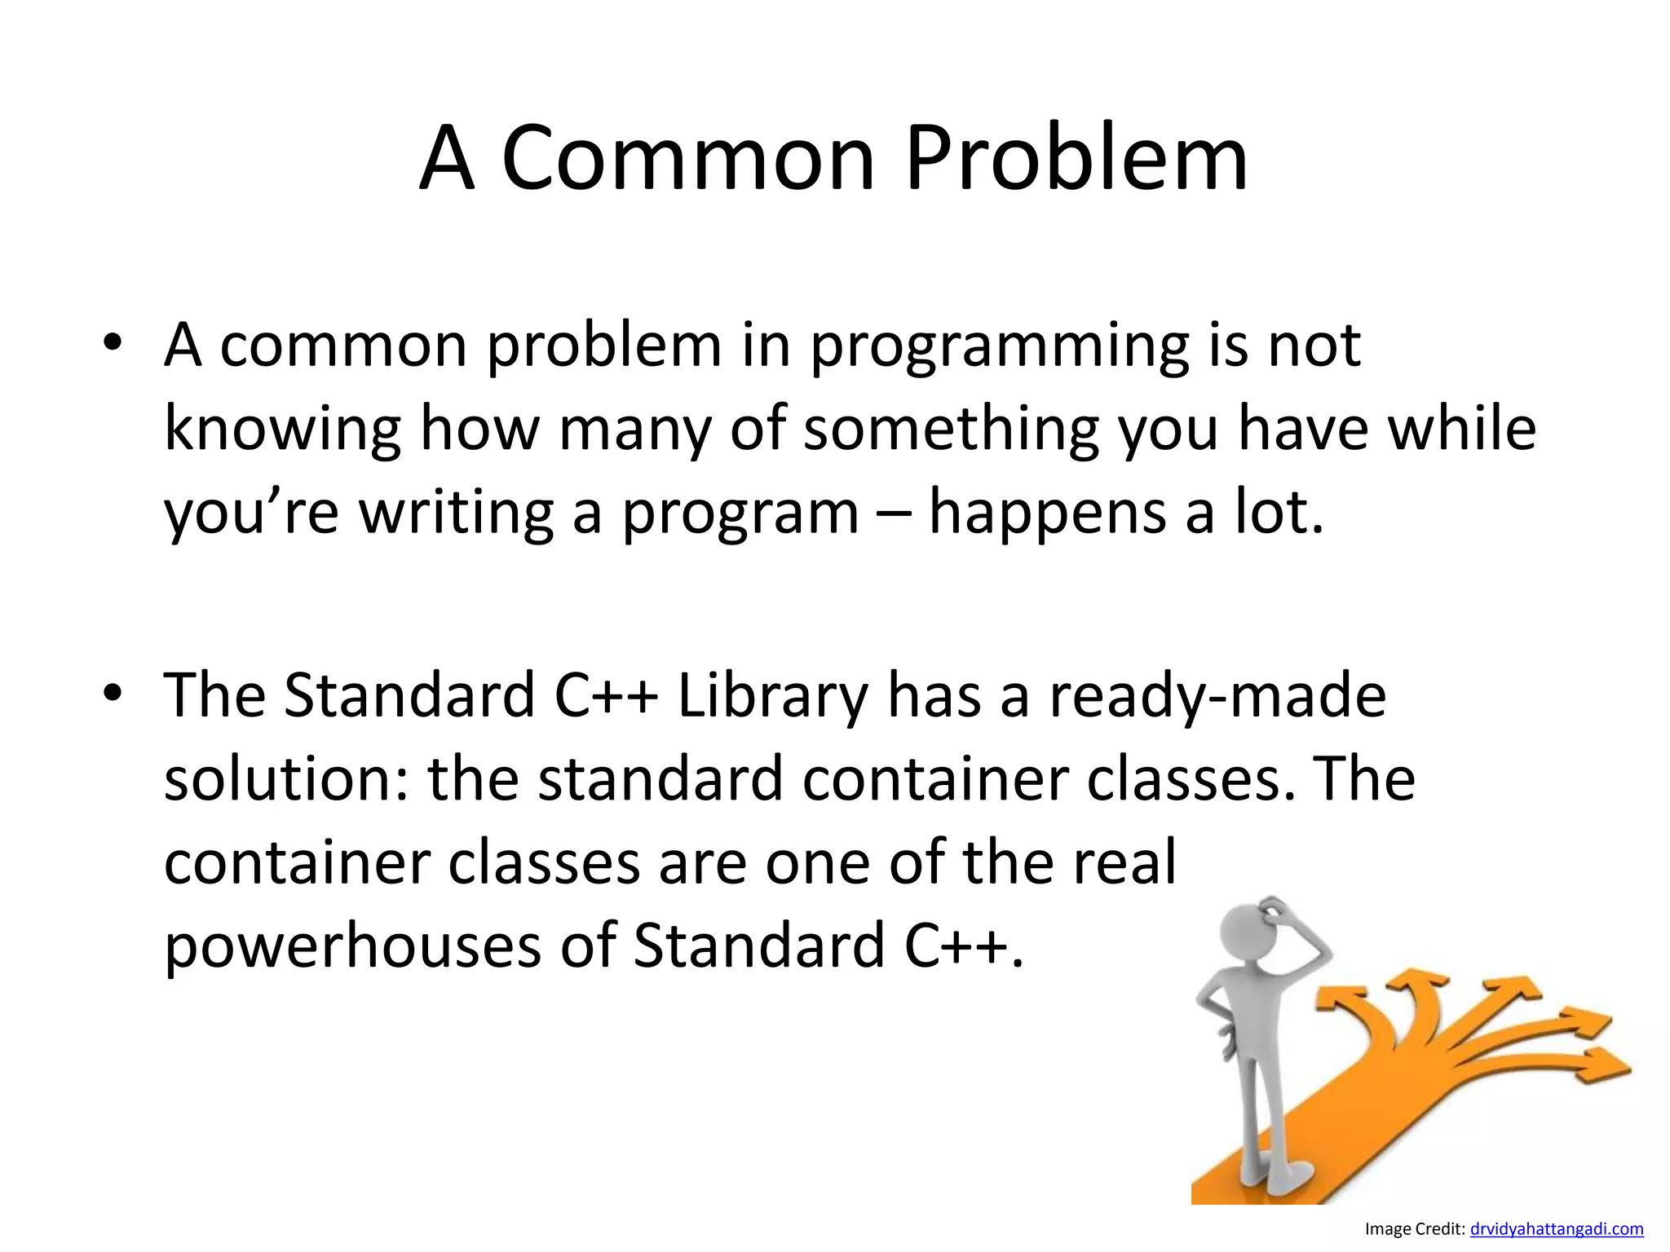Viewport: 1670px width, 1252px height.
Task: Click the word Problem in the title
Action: [1076, 159]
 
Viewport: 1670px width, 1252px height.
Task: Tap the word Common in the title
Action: [687, 159]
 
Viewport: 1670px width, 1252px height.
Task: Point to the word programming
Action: [998, 346]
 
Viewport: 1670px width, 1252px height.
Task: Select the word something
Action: [951, 430]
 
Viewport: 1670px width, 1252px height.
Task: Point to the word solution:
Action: [286, 779]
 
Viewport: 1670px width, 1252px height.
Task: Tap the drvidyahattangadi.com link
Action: [1556, 1229]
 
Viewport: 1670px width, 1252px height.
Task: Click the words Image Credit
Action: [1415, 1229]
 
